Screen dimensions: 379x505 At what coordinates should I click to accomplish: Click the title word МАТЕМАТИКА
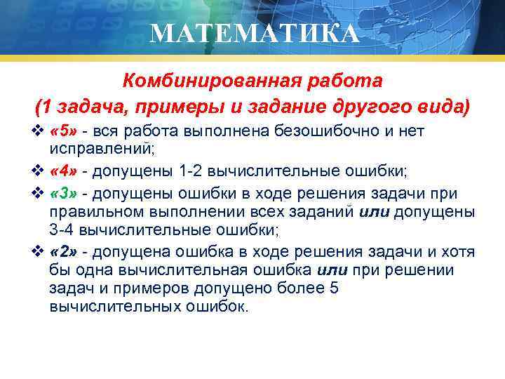254,33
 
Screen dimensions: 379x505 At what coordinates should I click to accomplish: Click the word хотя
459,252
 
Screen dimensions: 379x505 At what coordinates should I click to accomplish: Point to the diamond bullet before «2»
39,252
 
